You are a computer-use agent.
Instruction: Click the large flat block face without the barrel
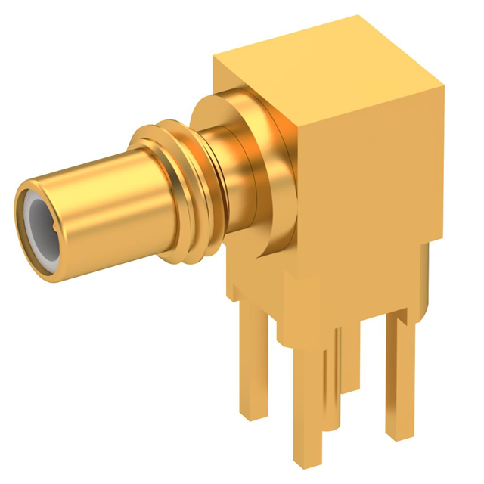pos(371,197)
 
